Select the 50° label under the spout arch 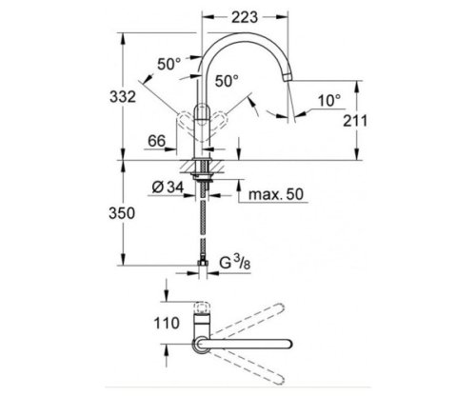pos(227,82)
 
